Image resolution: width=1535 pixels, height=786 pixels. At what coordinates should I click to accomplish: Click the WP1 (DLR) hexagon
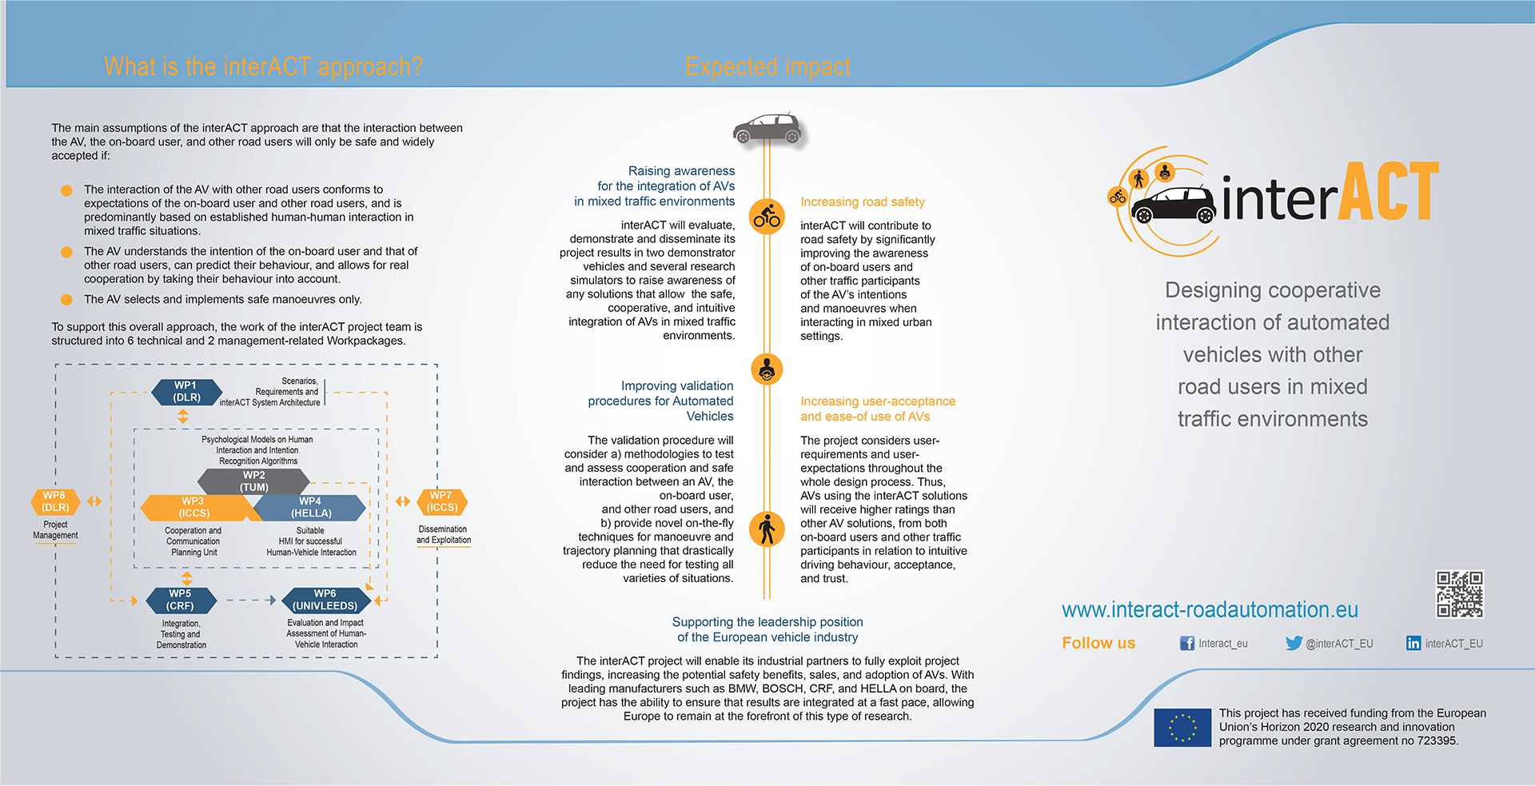(186, 392)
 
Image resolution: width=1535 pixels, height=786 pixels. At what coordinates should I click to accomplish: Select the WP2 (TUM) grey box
(253, 481)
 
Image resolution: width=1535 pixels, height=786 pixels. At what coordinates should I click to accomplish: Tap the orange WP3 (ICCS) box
(195, 508)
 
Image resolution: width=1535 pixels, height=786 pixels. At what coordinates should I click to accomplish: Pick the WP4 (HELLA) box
(310, 508)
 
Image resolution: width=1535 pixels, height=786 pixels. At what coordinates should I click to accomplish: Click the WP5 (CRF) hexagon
(181, 600)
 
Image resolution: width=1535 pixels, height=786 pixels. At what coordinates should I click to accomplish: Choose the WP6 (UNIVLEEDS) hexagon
(325, 600)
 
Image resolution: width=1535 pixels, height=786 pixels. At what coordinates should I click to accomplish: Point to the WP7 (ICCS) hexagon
(442, 501)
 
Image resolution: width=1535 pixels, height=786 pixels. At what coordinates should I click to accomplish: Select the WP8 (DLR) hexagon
(55, 501)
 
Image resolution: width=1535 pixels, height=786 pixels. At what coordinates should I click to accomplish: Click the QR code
(1459, 594)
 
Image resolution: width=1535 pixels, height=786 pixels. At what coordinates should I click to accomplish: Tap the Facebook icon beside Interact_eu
(1187, 643)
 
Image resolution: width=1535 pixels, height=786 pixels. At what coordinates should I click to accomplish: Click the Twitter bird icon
(1294, 643)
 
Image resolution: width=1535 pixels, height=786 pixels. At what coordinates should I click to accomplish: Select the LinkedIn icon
(1413, 643)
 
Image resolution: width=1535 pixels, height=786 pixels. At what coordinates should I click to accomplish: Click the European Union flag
(1182, 728)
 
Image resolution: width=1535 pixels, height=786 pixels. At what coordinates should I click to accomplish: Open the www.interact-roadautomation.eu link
(1210, 610)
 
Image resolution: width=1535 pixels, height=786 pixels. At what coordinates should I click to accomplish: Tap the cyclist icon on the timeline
(767, 216)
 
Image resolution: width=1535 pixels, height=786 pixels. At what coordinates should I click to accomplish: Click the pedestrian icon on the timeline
(767, 529)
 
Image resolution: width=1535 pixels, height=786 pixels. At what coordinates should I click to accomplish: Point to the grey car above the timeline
(767, 128)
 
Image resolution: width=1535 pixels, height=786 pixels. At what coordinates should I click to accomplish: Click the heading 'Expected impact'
(767, 66)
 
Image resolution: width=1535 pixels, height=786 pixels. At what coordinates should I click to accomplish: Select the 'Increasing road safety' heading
(863, 202)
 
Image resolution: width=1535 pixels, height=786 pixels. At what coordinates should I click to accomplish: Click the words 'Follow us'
(1098, 643)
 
